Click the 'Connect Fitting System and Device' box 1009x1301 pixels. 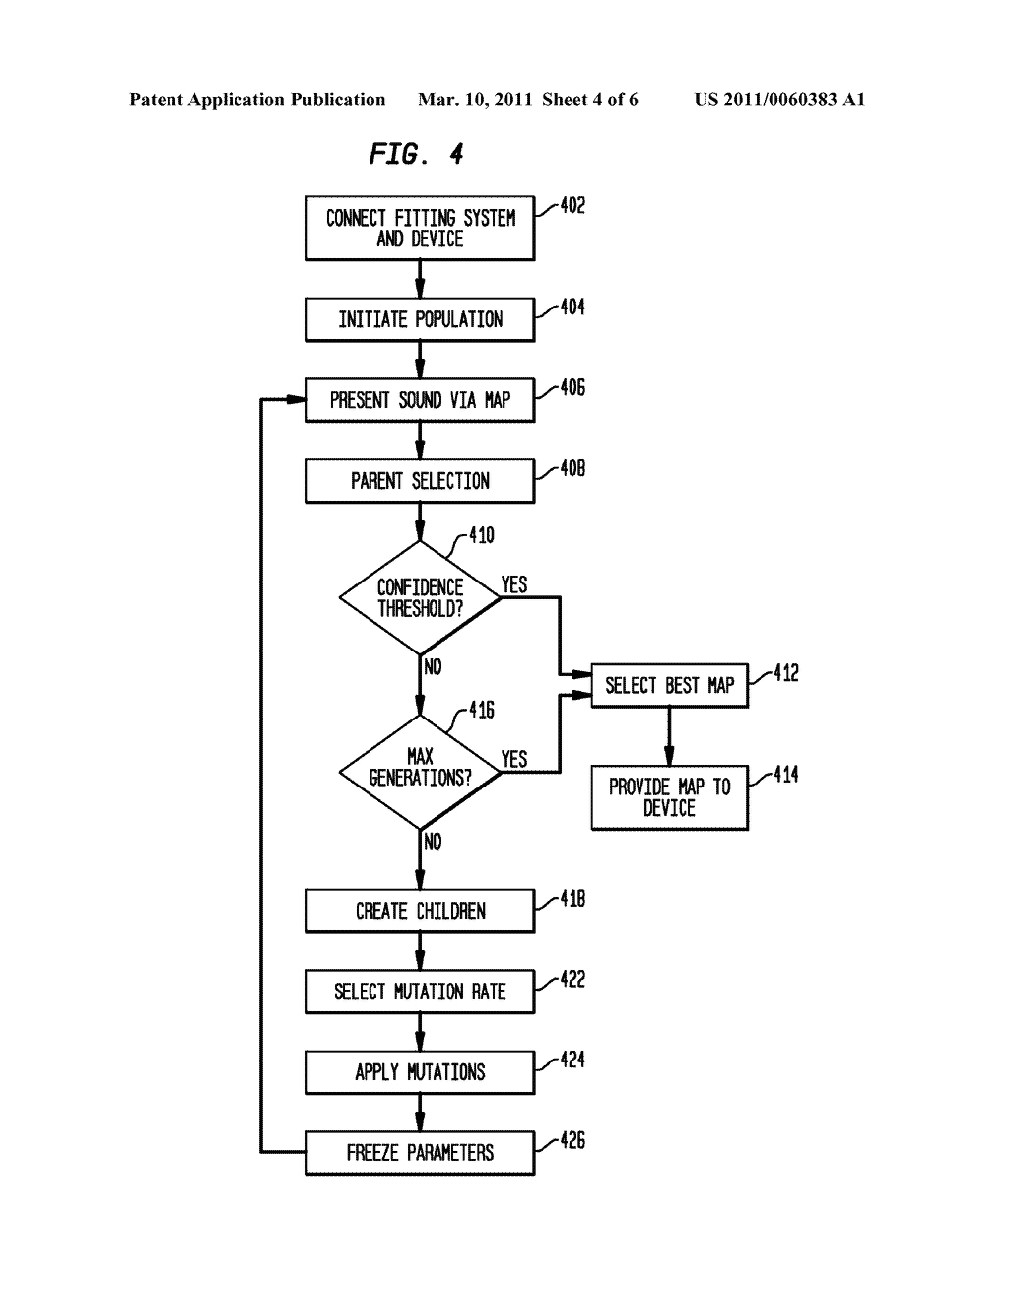click(x=420, y=228)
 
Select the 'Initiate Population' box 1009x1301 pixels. click(x=420, y=319)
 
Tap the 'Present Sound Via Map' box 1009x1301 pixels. click(x=420, y=400)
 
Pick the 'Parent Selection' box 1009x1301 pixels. click(x=420, y=481)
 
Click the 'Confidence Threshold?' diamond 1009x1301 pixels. click(x=420, y=597)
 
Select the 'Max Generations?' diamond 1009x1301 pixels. click(x=420, y=772)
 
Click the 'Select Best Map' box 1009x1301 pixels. click(x=669, y=686)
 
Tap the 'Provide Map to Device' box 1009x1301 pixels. click(x=669, y=797)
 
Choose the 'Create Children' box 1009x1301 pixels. click(x=420, y=911)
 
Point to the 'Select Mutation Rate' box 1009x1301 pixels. click(x=420, y=992)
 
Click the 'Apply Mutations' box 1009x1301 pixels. click(x=420, y=1072)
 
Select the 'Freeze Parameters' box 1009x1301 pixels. click(x=420, y=1153)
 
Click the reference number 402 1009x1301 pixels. click(x=572, y=206)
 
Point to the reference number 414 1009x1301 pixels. click(x=785, y=775)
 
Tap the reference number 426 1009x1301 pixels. click(x=572, y=1140)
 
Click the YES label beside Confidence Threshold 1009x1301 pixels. click(x=514, y=584)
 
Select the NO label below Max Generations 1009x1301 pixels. click(x=433, y=842)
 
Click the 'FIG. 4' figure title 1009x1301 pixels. click(x=416, y=154)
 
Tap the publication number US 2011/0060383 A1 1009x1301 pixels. click(x=779, y=100)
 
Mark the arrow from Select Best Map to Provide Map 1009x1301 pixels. click(x=669, y=736)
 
